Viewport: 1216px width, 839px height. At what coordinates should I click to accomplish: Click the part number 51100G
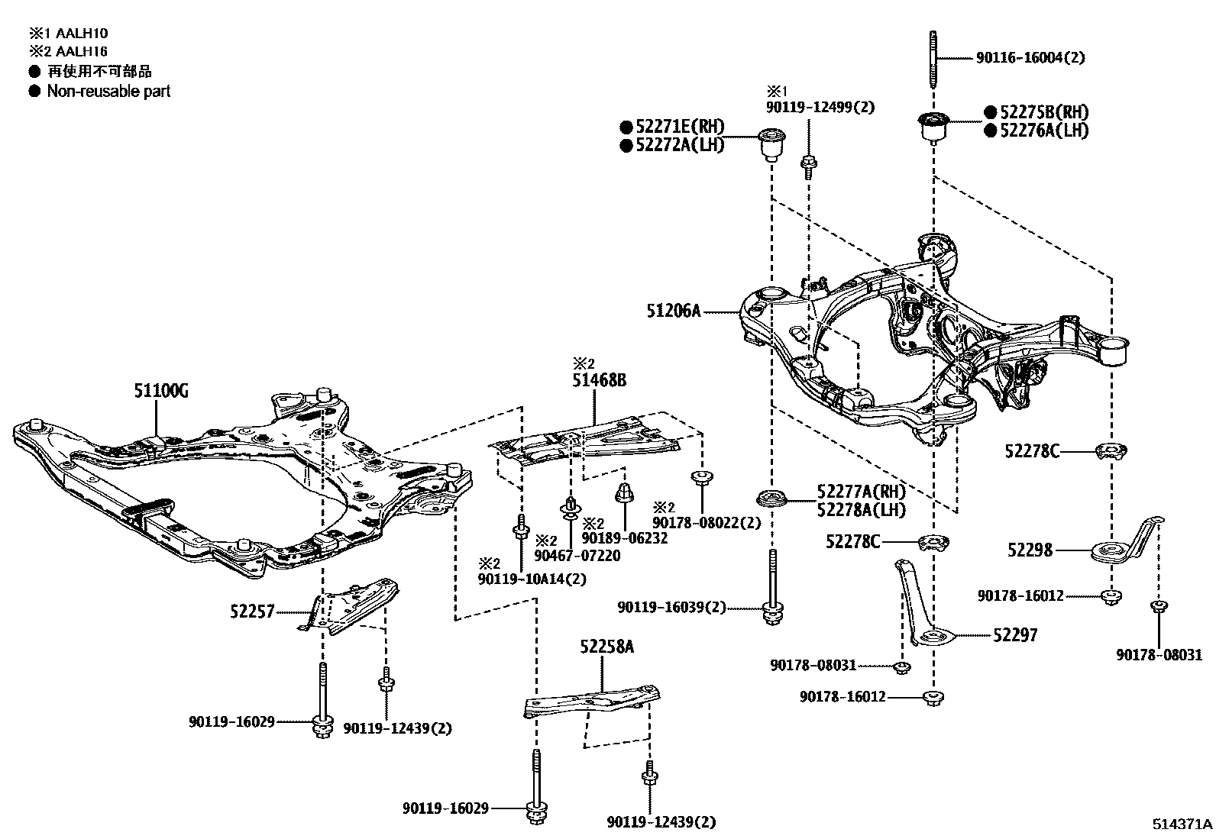(x=161, y=392)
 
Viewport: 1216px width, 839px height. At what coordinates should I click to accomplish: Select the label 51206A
(x=673, y=310)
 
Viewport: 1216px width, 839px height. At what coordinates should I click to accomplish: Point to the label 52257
(x=251, y=611)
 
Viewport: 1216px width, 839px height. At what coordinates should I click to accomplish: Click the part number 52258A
(x=606, y=647)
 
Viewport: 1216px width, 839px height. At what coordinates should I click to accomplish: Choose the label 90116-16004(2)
(x=1030, y=57)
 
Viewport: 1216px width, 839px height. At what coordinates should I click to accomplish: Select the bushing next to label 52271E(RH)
(x=771, y=144)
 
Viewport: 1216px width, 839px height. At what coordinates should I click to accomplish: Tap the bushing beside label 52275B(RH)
(x=932, y=126)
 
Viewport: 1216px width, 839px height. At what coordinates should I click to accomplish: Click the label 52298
(x=1030, y=550)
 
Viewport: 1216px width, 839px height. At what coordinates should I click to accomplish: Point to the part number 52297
(x=1015, y=635)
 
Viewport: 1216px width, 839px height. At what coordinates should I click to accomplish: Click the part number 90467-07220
(x=577, y=556)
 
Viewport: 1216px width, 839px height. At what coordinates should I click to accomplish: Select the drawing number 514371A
(x=1182, y=824)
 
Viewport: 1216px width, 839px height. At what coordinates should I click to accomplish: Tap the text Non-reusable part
(x=108, y=91)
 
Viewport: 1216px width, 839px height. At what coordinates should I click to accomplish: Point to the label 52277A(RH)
(x=861, y=492)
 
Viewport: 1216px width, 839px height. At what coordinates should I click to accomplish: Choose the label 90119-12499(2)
(x=820, y=108)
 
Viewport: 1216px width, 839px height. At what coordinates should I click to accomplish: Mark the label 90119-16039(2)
(x=672, y=608)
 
